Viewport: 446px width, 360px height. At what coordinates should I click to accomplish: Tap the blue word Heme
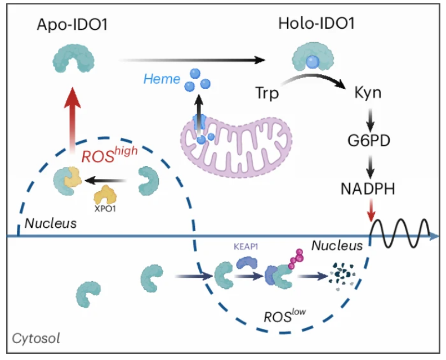pyautogui.click(x=162, y=80)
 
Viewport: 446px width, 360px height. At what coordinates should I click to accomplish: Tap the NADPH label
pyautogui.click(x=370, y=188)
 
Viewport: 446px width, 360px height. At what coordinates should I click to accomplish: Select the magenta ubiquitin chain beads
pyautogui.click(x=296, y=260)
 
